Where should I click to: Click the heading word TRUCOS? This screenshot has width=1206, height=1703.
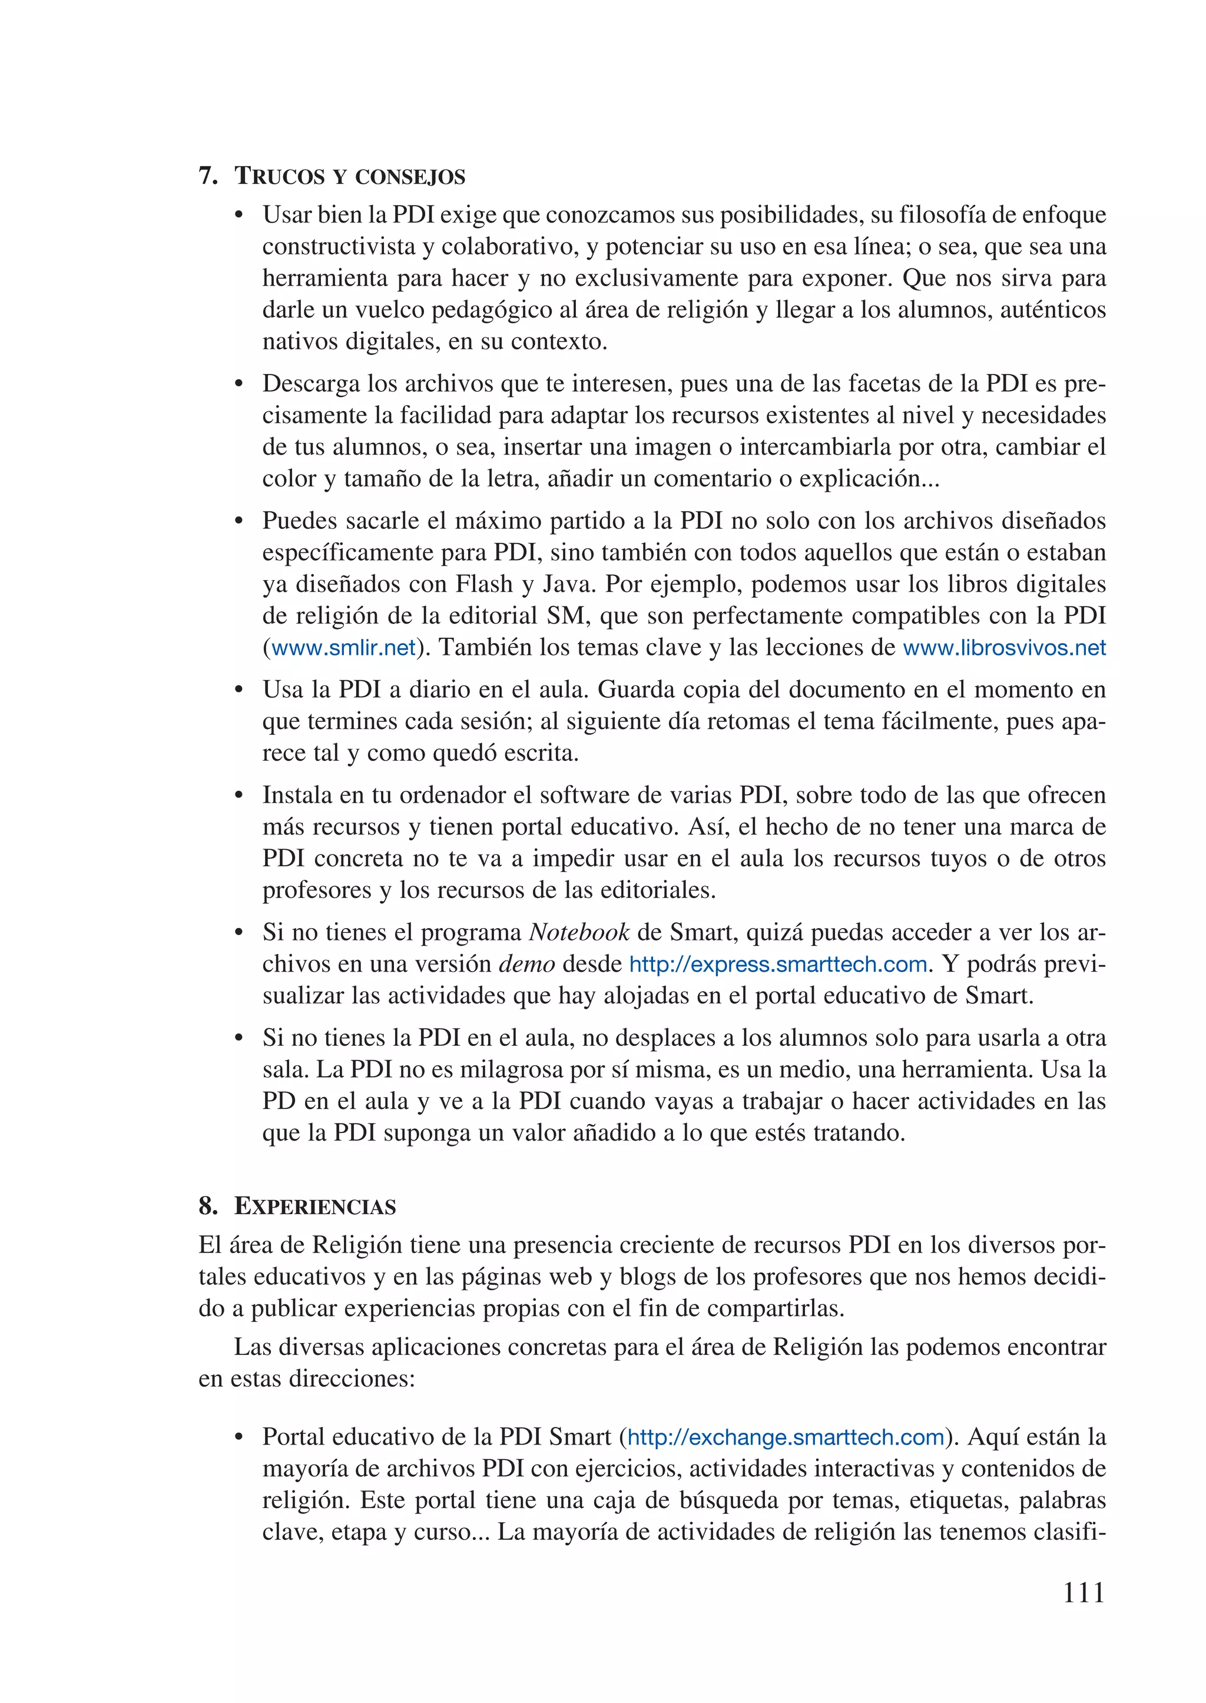pos(279,176)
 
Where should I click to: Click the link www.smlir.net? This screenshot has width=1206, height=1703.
pos(343,648)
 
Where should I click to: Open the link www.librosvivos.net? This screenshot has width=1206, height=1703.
pos(1004,648)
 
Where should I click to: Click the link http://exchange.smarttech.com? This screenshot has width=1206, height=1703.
pos(786,1437)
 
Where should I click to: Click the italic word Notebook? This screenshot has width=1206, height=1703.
pos(579,932)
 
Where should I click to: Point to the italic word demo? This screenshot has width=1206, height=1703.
pos(526,964)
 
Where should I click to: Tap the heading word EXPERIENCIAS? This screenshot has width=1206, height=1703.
pos(315,1206)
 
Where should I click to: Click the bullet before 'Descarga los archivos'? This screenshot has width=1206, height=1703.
pos(238,385)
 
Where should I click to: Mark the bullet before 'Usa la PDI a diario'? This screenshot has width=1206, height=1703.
pos(238,691)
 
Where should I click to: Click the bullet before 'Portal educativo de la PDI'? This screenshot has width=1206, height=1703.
pos(238,1438)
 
